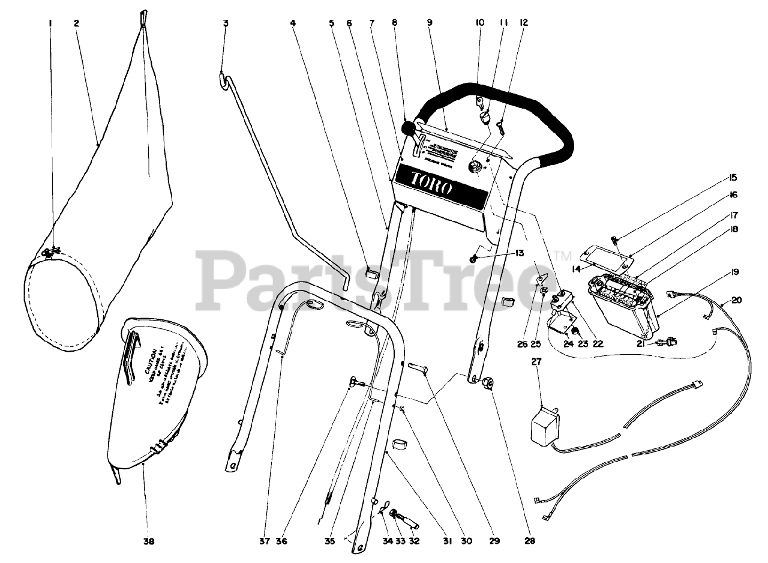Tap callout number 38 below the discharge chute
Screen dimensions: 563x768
[x=148, y=541]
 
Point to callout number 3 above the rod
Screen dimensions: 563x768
[x=226, y=23]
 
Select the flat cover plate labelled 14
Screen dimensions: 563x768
[x=607, y=254]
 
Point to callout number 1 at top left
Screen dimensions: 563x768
[x=51, y=23]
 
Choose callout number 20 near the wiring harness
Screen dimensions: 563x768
[x=737, y=300]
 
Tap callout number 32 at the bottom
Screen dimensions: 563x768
[x=414, y=541]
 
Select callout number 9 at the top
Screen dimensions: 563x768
[x=430, y=23]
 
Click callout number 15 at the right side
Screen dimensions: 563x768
[x=734, y=178]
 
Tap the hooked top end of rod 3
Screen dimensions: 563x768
[x=223, y=76]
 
